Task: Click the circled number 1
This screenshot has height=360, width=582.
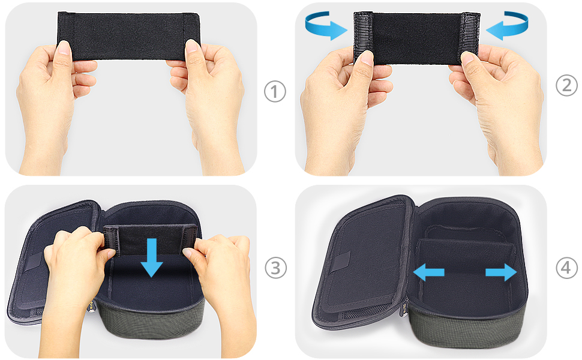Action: click(x=275, y=92)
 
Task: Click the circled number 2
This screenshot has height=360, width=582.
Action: click(x=566, y=85)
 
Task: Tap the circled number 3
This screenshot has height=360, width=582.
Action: click(x=275, y=268)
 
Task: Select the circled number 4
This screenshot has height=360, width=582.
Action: click(x=566, y=267)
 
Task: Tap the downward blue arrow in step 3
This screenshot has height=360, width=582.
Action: click(x=151, y=257)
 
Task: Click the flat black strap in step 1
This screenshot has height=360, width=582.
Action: click(x=128, y=36)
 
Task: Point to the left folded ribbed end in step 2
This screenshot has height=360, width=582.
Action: click(x=362, y=37)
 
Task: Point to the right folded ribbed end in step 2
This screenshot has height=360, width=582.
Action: click(x=470, y=37)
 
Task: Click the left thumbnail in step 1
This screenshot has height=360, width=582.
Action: click(x=64, y=47)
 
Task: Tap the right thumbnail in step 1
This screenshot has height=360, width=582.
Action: click(x=192, y=46)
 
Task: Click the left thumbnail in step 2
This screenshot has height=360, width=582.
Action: click(x=367, y=58)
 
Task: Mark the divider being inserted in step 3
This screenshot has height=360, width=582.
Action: click(x=151, y=239)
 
